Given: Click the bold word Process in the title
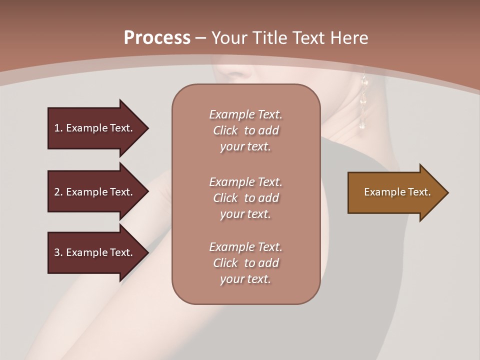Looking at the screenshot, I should pos(156,38).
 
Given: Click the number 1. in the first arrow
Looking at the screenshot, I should pos(58,128).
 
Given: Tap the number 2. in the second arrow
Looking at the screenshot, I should pos(58,192).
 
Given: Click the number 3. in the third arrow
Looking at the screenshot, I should pos(58,252).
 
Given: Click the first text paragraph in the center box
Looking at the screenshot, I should pos(245,130).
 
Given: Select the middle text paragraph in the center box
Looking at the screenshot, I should pos(245,198).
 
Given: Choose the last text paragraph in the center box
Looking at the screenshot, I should pos(245,263).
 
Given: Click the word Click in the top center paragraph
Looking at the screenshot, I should pos(225,130).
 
